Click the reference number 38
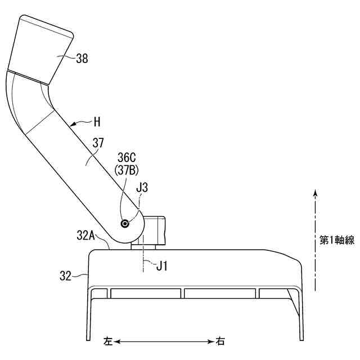(x=82, y=58)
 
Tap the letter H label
(x=97, y=122)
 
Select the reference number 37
(x=98, y=143)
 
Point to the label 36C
(x=127, y=157)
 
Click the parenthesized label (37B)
(x=127, y=170)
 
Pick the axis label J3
(x=142, y=188)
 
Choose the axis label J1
(x=162, y=266)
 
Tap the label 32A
(x=85, y=235)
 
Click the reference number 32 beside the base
(x=65, y=276)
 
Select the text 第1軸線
(x=337, y=240)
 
